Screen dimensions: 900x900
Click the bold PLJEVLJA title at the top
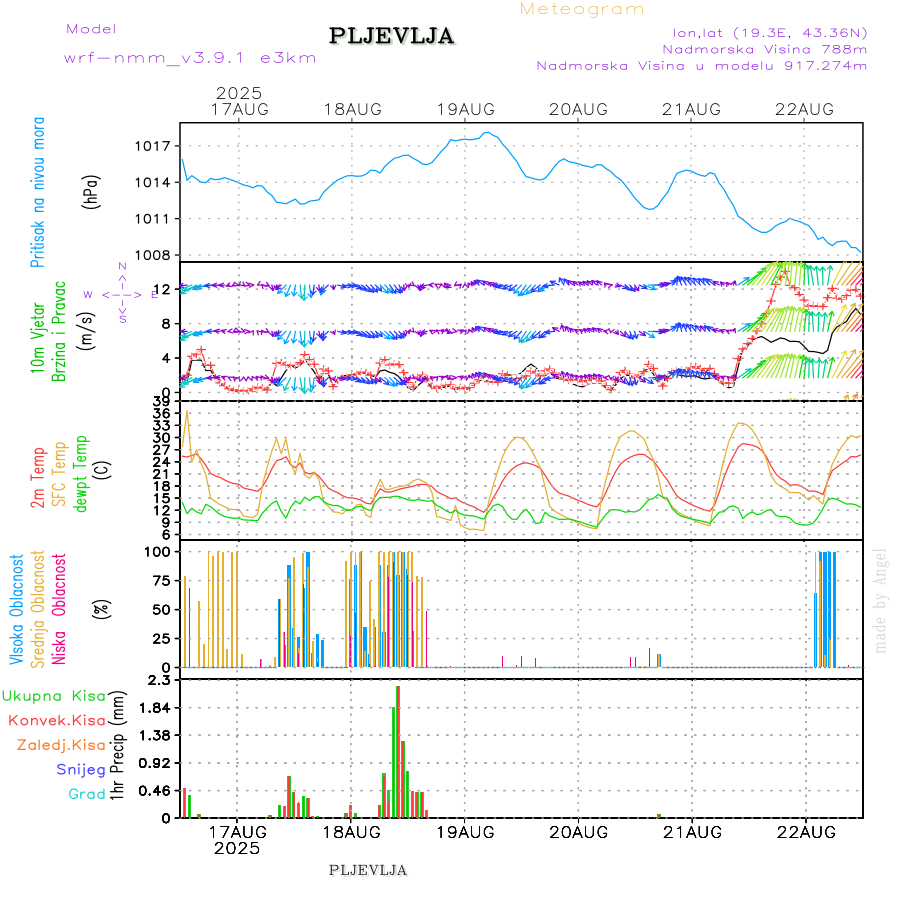click(x=391, y=37)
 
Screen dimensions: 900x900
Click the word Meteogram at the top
click(x=582, y=9)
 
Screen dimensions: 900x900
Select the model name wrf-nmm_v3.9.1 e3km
click(x=190, y=58)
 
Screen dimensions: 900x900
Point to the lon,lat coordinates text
click(x=770, y=31)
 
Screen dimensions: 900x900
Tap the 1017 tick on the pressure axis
click(x=156, y=146)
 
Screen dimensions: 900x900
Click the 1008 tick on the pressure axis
click(x=156, y=255)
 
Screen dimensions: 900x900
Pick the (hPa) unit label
click(x=92, y=191)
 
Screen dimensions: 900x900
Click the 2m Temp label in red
click(x=38, y=479)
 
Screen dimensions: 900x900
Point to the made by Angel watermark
click(x=880, y=600)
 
